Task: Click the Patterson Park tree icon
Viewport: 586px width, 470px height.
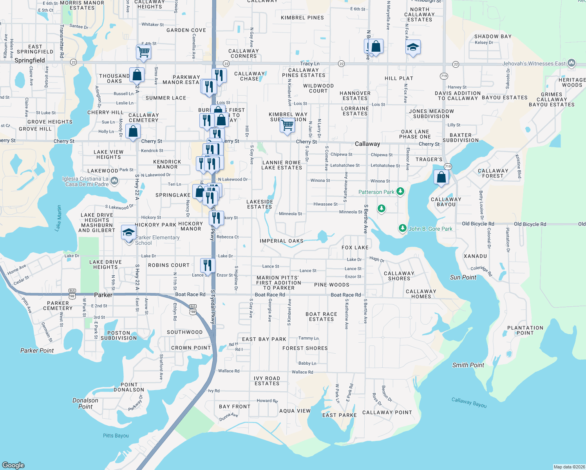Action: [x=400, y=191]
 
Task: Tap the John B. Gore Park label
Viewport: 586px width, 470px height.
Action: [x=430, y=229]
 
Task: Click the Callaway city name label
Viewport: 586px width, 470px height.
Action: [x=367, y=144]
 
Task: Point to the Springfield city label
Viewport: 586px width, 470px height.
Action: [x=29, y=60]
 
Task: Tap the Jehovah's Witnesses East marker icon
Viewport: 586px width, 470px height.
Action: [x=572, y=63]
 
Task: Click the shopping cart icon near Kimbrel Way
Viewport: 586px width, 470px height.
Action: [x=288, y=125]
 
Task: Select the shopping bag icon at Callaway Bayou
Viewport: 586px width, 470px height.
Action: [x=441, y=177]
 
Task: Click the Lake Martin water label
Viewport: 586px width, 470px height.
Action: [x=59, y=218]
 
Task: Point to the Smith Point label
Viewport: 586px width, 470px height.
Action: [x=468, y=365]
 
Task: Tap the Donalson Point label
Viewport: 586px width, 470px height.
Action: [x=85, y=403]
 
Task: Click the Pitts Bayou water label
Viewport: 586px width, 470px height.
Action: [x=116, y=436]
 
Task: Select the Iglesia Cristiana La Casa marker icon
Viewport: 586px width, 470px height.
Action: [x=114, y=181]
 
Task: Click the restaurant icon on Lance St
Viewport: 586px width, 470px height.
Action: [x=208, y=265]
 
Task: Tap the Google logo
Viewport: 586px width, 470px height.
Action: [x=13, y=465]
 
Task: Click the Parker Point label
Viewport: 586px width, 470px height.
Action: [x=37, y=351]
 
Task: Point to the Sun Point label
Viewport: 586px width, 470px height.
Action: [x=463, y=277]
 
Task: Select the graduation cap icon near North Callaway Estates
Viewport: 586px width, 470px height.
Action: [x=413, y=47]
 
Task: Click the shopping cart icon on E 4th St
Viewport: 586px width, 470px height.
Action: [x=144, y=51]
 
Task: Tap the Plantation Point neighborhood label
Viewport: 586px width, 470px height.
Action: [x=525, y=330]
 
